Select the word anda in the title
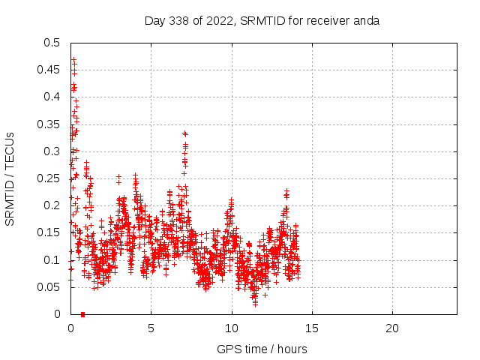pyautogui.click(x=367, y=20)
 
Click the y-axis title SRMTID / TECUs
pyautogui.click(x=10, y=178)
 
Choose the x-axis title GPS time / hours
pyautogui.click(x=262, y=349)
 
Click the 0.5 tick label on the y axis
pyautogui.click(x=52, y=43)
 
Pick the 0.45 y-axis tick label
pyautogui.click(x=49, y=70)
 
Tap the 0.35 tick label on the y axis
pyautogui.click(x=49, y=124)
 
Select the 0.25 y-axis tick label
pyautogui.click(x=49, y=178)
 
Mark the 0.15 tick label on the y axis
pyautogui.click(x=49, y=232)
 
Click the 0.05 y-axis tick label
pyautogui.click(x=49, y=287)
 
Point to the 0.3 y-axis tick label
pyautogui.click(x=52, y=151)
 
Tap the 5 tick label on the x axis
pyautogui.click(x=151, y=328)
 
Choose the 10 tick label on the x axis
pyautogui.click(x=232, y=328)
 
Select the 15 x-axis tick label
pyautogui.click(x=312, y=328)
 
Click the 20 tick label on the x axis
pyautogui.click(x=392, y=328)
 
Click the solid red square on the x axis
pyautogui.click(x=82, y=314)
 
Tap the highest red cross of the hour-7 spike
pyautogui.click(x=184, y=133)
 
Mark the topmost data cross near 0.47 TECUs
pyautogui.click(x=73, y=59)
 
